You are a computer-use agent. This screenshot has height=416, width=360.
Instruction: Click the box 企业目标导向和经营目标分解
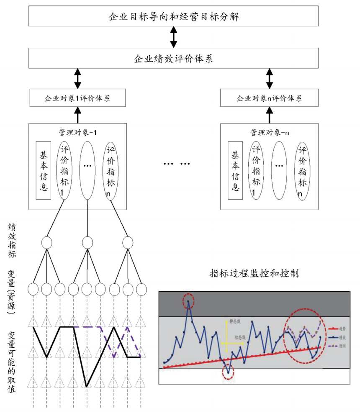pos(174,17)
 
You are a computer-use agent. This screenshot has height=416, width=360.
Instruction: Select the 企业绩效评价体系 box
pos(174,58)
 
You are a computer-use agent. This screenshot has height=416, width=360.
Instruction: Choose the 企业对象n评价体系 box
pos(269,99)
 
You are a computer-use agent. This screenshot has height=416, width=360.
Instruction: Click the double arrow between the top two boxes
pos(173,38)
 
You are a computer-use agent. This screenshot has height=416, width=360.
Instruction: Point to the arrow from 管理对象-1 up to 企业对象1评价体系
pos(77,114)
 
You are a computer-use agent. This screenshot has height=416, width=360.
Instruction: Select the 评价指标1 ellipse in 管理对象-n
pos(256,170)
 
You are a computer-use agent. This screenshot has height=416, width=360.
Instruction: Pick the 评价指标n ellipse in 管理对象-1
pos(111,170)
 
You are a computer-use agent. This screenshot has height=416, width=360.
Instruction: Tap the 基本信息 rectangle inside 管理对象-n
pos(235,170)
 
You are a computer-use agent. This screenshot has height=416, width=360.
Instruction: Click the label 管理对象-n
pos(269,132)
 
